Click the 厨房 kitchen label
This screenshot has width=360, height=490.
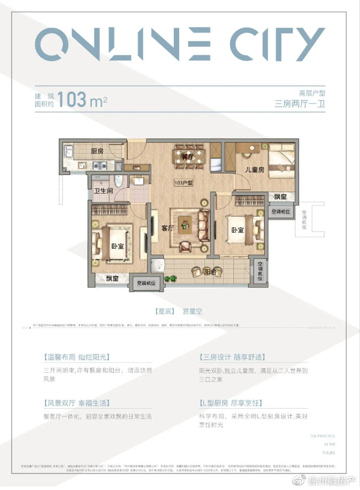tap(97, 151)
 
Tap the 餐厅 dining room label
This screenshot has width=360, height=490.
tap(187, 157)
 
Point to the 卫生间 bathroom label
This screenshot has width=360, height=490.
tap(103, 190)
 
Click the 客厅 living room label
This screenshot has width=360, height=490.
tap(167, 228)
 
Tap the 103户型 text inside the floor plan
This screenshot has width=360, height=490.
tap(183, 182)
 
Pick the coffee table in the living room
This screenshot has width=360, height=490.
tap(186, 220)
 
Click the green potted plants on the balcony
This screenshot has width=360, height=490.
tap(171, 278)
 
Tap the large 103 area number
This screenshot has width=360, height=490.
tap(74, 99)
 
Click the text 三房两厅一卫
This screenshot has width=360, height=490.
tap(300, 104)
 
